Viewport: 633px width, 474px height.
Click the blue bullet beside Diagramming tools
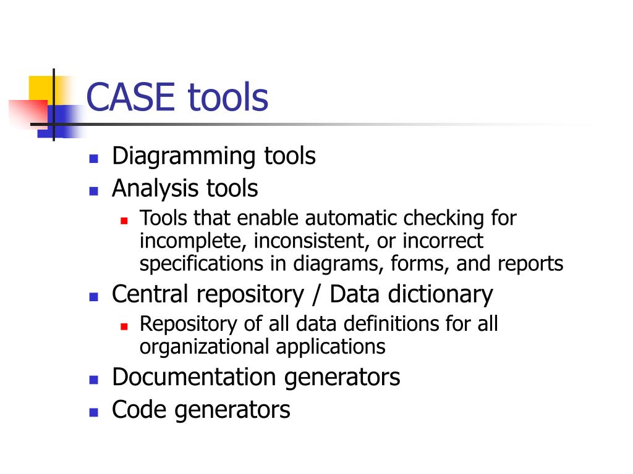coord(94,158)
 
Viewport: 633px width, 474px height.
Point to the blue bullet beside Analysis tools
coord(94,190)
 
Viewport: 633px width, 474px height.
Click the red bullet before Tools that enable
coord(124,220)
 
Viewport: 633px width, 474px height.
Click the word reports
coord(530,264)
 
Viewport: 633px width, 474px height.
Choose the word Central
coord(150,294)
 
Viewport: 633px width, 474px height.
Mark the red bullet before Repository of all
coord(124,325)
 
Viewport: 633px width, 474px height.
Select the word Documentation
coord(195,377)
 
